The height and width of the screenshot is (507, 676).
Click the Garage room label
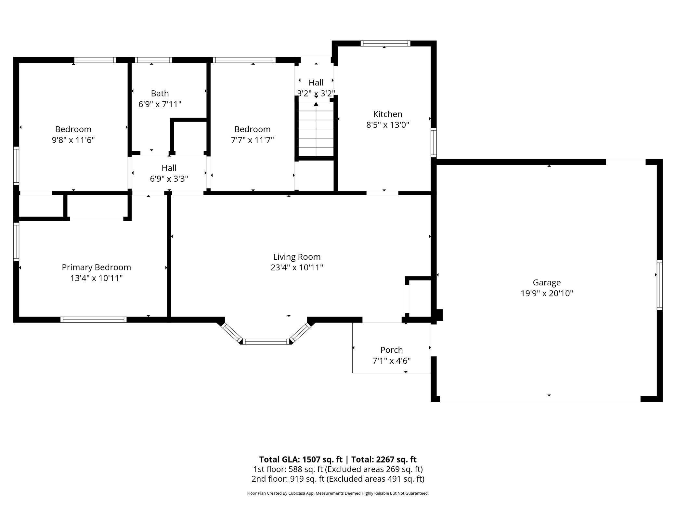[547, 282]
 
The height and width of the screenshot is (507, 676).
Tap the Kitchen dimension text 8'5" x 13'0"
[387, 125]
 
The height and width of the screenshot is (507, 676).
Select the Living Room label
[297, 257]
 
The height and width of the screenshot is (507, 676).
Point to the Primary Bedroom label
[96, 267]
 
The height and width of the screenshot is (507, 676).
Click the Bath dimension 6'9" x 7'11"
[160, 104]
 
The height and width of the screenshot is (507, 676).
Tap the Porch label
[391, 350]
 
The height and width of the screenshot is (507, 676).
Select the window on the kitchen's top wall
[385, 44]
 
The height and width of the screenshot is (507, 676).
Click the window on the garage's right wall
[659, 285]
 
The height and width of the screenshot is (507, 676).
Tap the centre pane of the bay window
[266, 341]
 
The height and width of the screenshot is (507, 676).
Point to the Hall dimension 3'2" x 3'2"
[316, 94]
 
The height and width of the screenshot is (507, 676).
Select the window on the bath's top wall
[153, 60]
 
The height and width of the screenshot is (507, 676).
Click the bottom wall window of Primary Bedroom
[93, 319]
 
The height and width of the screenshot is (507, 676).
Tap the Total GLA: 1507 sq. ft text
[301, 459]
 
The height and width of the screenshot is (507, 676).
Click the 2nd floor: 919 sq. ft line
[338, 479]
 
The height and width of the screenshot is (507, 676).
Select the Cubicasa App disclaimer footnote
[338, 493]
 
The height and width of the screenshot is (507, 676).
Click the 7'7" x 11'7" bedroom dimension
[252, 140]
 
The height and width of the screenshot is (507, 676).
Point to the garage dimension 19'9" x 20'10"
[547, 293]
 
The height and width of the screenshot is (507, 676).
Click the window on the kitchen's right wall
[434, 143]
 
